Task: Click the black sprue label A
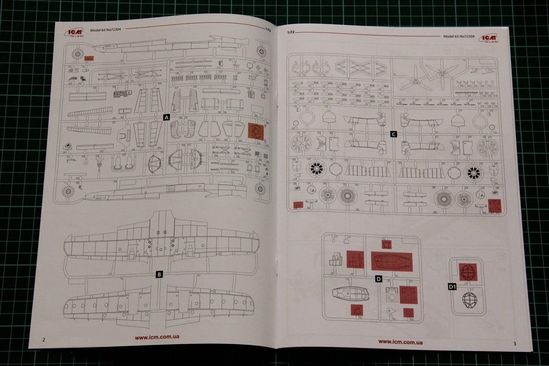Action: click(166, 117)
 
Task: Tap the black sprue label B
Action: click(159, 274)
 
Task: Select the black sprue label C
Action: click(394, 134)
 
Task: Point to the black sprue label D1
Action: click(452, 286)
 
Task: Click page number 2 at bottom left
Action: click(44, 340)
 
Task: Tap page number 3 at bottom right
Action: click(514, 343)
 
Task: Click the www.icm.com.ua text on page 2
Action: click(157, 337)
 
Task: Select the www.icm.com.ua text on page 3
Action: click(400, 342)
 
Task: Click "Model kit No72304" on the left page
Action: click(105, 30)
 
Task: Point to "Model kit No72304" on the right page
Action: click(459, 36)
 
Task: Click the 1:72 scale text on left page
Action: click(268, 30)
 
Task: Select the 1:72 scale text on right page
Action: click(291, 32)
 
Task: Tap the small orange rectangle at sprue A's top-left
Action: click(89, 58)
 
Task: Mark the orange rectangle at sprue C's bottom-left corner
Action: click(298, 205)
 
